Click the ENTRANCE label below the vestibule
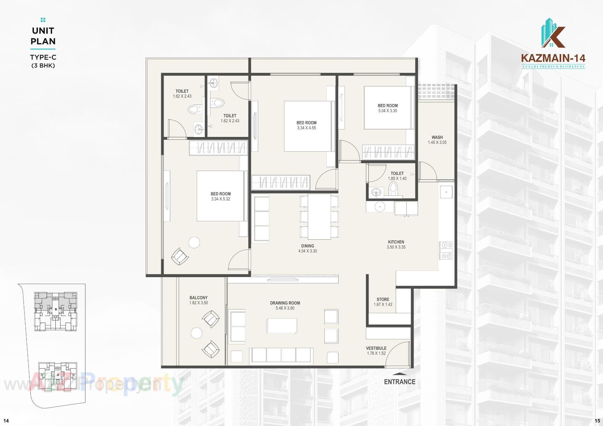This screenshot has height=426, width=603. (x=399, y=382)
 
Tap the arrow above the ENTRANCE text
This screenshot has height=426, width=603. (x=399, y=374)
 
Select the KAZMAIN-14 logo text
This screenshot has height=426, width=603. (x=553, y=58)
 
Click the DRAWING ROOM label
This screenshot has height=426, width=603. (x=285, y=303)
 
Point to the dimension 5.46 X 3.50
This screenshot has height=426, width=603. (x=285, y=308)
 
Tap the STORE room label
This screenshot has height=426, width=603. (x=383, y=299)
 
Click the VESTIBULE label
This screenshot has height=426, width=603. (x=376, y=348)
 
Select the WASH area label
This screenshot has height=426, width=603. (x=437, y=137)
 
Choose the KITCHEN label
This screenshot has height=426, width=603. (x=396, y=242)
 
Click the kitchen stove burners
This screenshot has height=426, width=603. (x=446, y=251)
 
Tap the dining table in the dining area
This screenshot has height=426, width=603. (x=319, y=217)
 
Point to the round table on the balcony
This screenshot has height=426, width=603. (x=196, y=333)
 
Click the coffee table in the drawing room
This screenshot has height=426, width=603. (x=282, y=326)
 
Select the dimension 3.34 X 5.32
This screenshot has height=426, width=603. (x=220, y=199)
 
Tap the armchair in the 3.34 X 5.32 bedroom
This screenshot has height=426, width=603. (x=180, y=256)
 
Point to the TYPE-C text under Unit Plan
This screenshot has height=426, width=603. (x=43, y=57)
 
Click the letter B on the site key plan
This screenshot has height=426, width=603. (x=56, y=309)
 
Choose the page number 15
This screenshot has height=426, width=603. (x=597, y=421)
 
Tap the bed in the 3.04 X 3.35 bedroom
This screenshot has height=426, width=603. (x=388, y=107)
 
